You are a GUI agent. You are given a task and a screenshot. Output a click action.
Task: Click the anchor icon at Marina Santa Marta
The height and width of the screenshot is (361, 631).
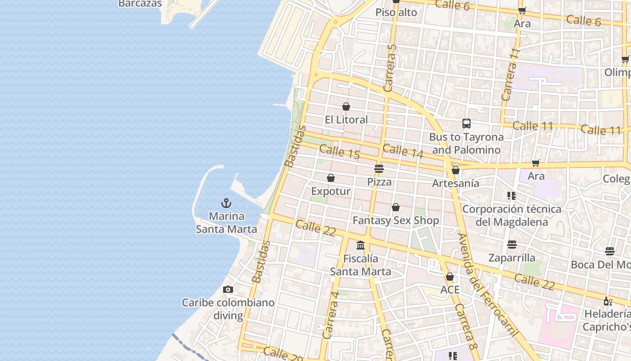click(226, 203)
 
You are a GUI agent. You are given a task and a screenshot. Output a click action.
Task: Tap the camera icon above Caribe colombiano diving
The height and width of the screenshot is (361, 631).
click(228, 289)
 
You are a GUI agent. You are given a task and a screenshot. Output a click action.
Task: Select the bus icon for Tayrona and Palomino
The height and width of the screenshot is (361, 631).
click(466, 123)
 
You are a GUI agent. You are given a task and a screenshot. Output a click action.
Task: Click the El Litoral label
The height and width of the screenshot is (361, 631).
click(346, 120)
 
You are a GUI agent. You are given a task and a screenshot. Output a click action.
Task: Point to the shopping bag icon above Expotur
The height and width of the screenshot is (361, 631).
click(331, 178)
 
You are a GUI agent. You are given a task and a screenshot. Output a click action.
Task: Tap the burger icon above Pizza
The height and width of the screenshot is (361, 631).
click(379, 169)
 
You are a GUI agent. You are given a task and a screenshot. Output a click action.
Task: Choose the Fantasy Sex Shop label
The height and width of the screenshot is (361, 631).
click(396, 220)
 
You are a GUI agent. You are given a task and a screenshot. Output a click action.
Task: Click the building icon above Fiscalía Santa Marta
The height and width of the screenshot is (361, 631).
click(361, 245)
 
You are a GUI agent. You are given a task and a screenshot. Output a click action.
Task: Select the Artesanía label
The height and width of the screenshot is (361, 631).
click(456, 183)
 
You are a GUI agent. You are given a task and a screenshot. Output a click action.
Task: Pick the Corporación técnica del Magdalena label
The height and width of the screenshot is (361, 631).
click(512, 215)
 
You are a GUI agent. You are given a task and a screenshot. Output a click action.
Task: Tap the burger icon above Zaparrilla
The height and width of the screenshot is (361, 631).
click(512, 245)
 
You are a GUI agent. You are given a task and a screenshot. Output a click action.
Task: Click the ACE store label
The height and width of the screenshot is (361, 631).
click(450, 289)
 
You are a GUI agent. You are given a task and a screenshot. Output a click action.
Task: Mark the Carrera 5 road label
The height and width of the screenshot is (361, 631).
click(390, 68)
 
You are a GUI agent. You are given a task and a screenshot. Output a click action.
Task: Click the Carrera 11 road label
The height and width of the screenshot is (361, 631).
click(511, 74)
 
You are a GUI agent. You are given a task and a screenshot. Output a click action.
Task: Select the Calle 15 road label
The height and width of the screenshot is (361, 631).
click(339, 151)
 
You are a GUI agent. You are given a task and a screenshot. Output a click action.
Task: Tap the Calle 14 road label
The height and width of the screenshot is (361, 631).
click(403, 151)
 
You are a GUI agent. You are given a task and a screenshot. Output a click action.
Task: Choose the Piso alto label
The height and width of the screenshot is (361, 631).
click(396, 12)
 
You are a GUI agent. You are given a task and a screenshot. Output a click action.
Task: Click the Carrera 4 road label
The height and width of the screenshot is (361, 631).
click(331, 315)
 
